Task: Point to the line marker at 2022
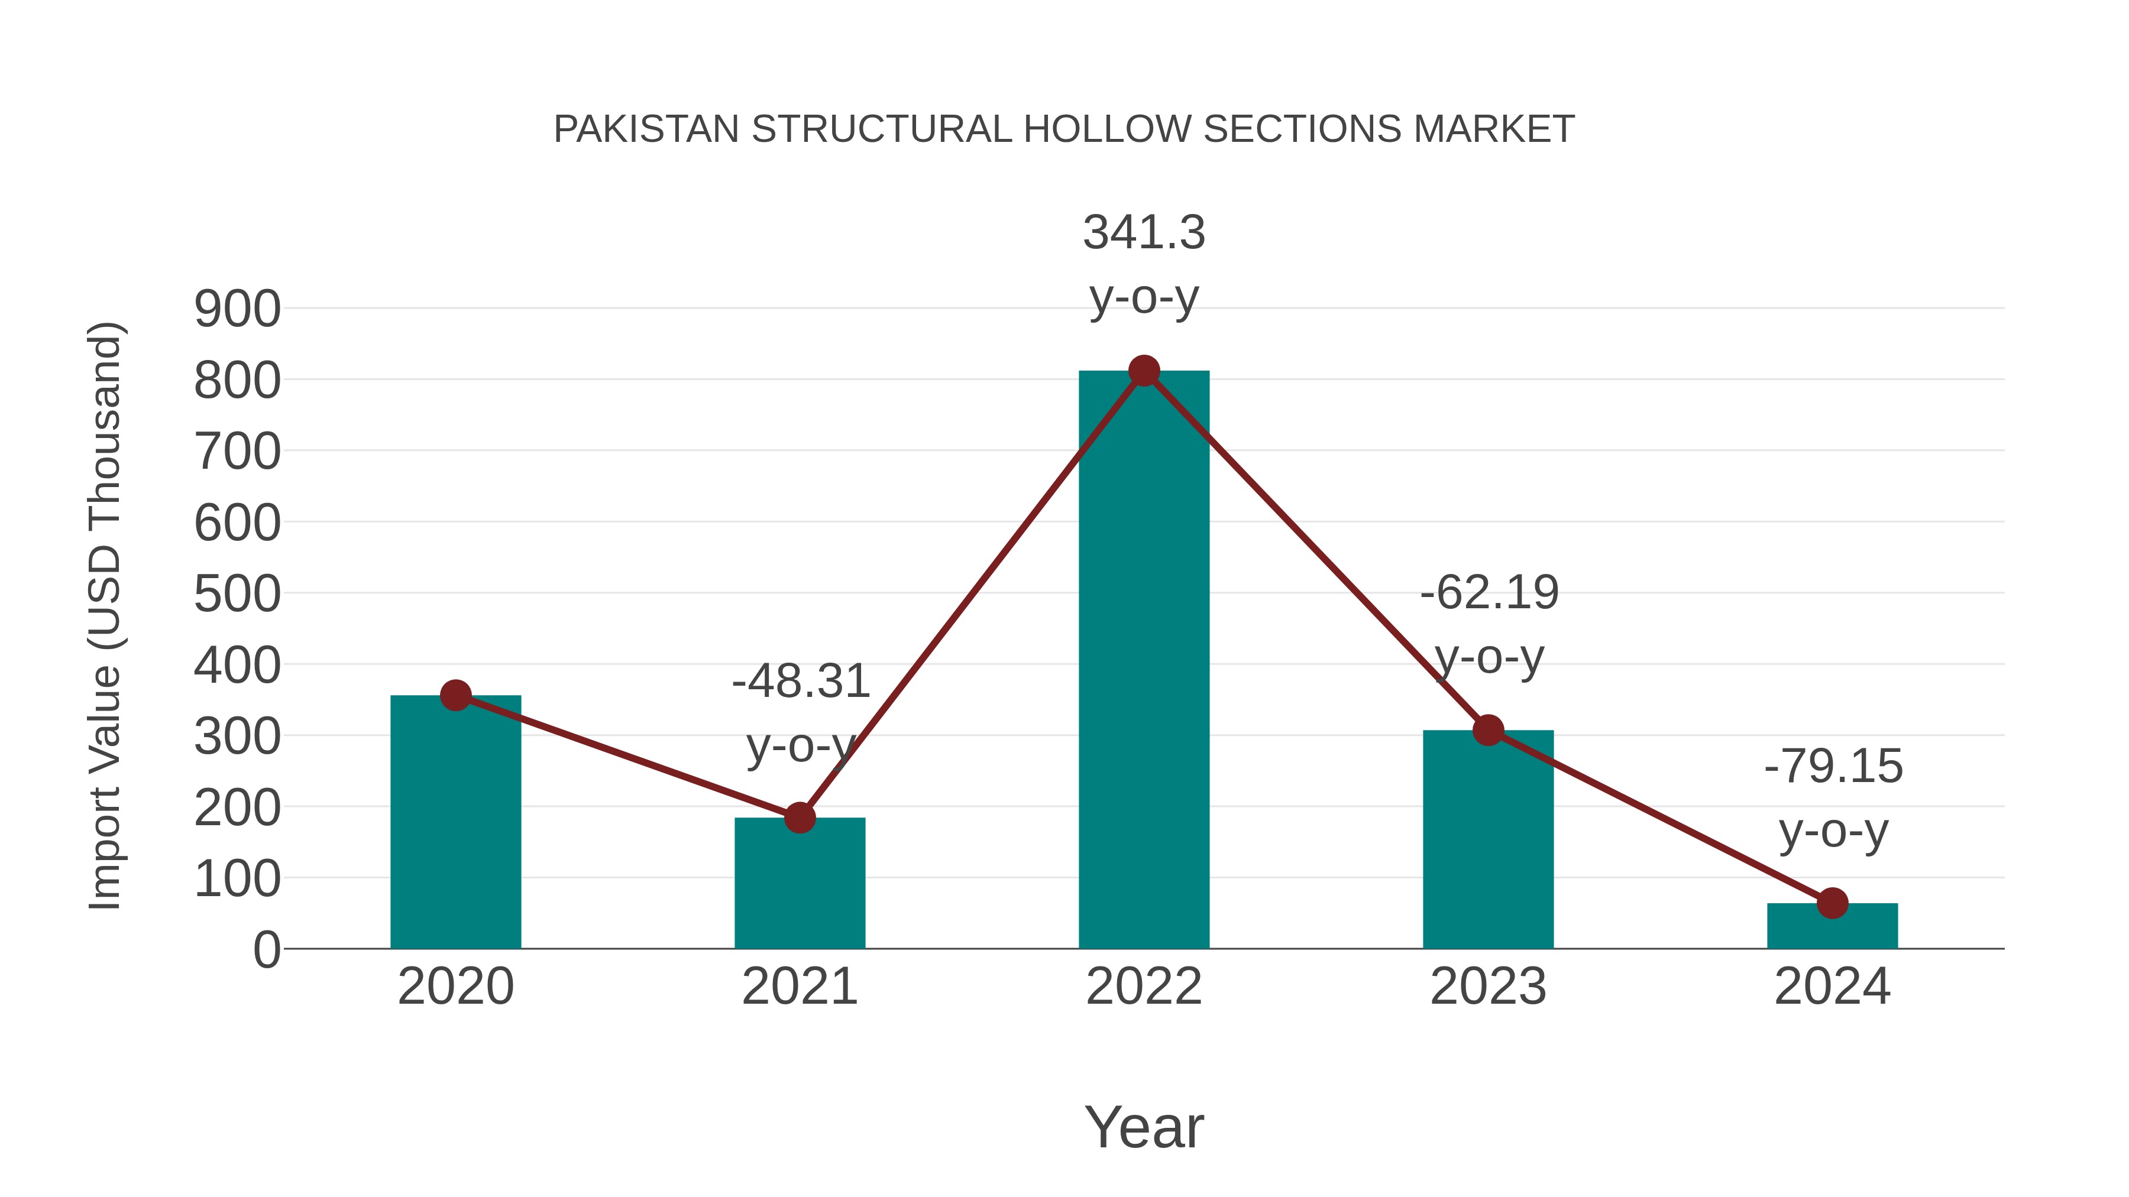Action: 1144,371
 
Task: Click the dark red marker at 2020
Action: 455,696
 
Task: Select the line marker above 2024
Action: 1832,903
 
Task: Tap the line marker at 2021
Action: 799,818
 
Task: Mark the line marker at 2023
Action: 1488,730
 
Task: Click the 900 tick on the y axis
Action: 237,310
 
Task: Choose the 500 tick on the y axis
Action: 237,595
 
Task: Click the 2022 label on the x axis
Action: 1144,987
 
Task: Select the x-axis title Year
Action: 1144,1128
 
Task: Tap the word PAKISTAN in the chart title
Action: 646,129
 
